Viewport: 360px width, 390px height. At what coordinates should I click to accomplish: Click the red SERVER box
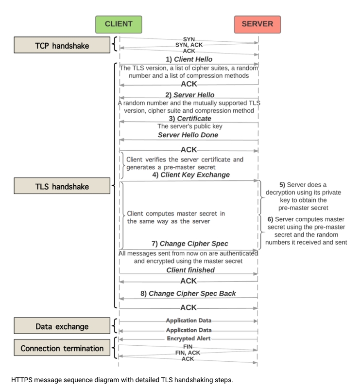pyautogui.click(x=257, y=24)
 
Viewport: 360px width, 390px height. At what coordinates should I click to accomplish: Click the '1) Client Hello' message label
pyautogui.click(x=189, y=59)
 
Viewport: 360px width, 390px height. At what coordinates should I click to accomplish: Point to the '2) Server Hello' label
pyautogui.click(x=189, y=94)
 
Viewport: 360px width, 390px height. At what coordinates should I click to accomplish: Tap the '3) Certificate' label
pyautogui.click(x=189, y=118)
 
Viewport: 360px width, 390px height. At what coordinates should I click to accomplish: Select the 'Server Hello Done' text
pyautogui.click(x=188, y=134)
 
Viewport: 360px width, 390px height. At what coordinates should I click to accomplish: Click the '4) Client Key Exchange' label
pyautogui.click(x=189, y=175)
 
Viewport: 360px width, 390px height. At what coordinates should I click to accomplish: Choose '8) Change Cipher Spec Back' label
pyautogui.click(x=189, y=294)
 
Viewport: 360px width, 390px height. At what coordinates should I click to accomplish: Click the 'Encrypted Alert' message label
pyautogui.click(x=189, y=338)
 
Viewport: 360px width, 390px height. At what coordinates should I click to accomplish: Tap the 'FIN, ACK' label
pyautogui.click(x=188, y=352)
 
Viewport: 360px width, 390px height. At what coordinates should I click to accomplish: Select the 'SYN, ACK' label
pyautogui.click(x=189, y=44)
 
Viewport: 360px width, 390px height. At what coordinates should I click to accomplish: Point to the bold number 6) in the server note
pyautogui.click(x=271, y=219)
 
